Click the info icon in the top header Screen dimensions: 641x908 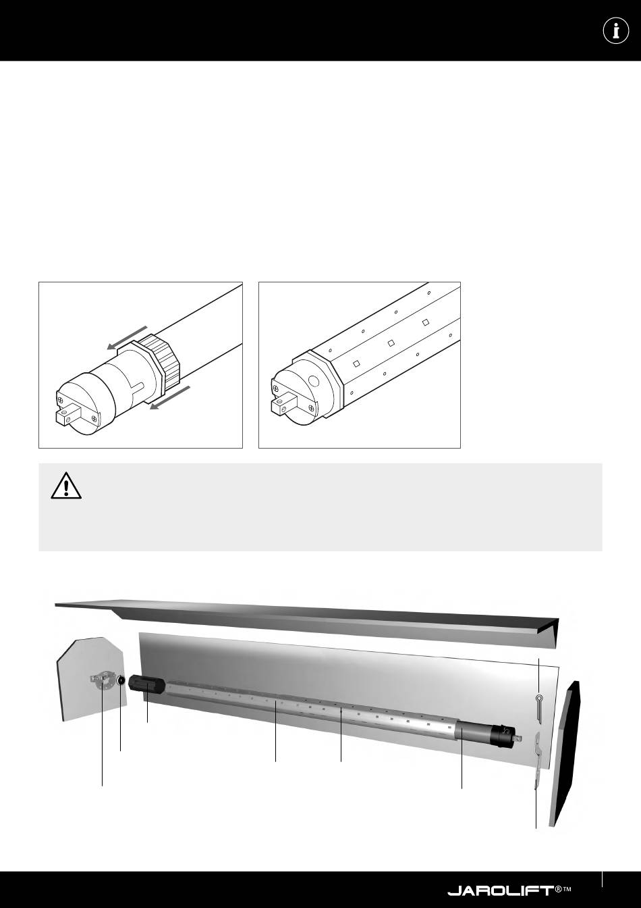tap(616, 30)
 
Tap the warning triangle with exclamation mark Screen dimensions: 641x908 tap(66, 486)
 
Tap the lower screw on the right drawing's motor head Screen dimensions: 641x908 tap(310, 408)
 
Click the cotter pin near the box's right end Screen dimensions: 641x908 tap(539, 708)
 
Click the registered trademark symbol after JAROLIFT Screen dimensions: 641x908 tap(558, 888)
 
